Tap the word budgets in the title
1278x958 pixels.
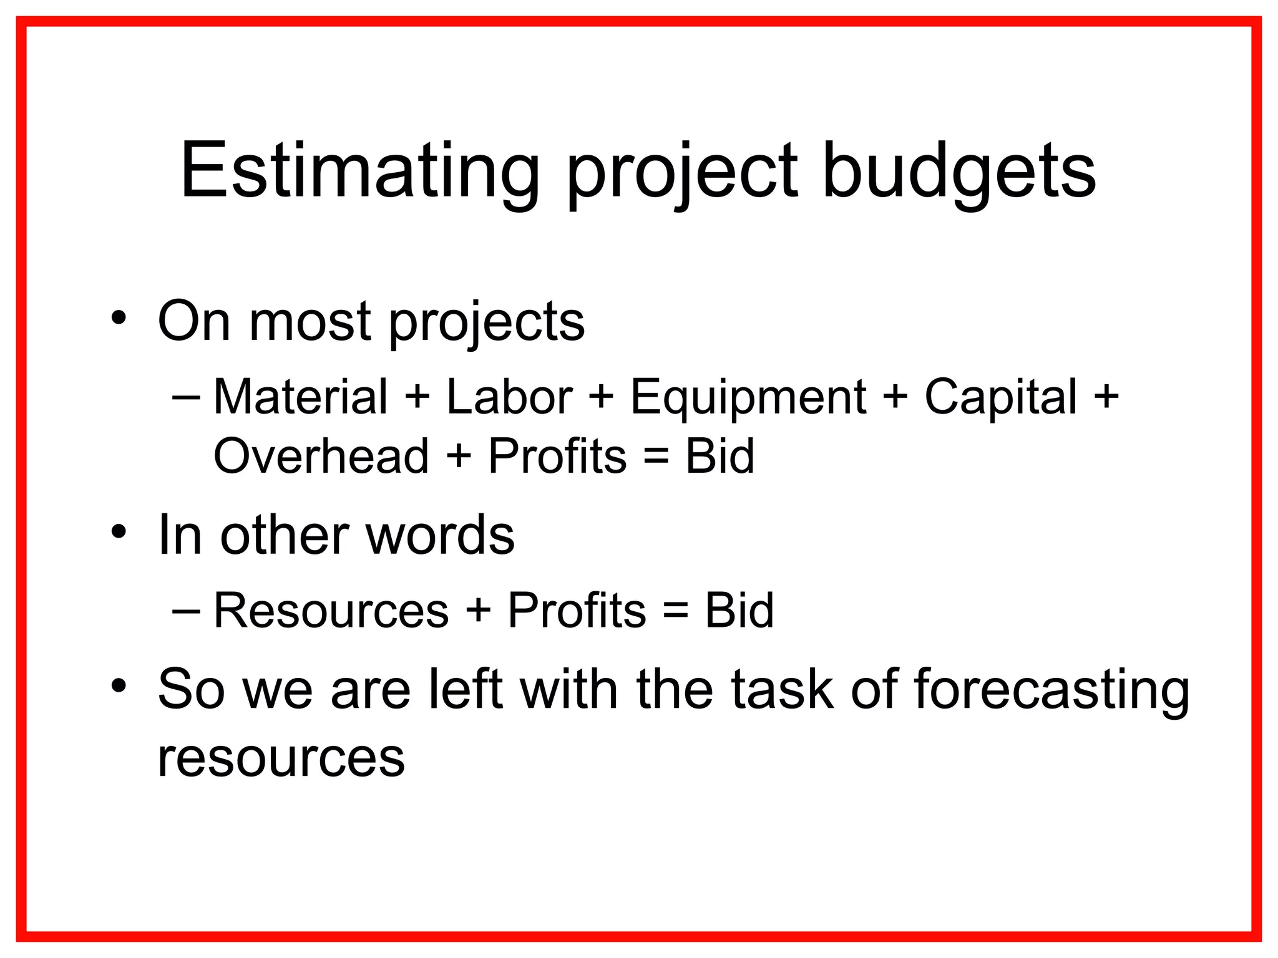(958, 171)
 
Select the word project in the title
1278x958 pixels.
(681, 171)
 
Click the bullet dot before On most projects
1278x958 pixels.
(119, 317)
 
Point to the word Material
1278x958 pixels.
(300, 397)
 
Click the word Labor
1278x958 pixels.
(509, 397)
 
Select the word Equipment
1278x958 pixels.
(748, 397)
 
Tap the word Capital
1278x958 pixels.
(1000, 397)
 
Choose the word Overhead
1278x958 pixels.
(321, 456)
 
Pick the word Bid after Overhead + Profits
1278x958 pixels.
(719, 456)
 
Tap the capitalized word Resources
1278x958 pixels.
(331, 610)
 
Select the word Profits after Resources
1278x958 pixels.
(577, 610)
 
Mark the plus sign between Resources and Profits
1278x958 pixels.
(478, 610)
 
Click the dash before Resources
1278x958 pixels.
(186, 610)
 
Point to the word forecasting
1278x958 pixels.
(1051, 690)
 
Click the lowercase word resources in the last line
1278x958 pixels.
(281, 758)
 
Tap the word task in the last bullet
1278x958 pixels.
(782, 690)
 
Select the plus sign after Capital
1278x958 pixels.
(1106, 397)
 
